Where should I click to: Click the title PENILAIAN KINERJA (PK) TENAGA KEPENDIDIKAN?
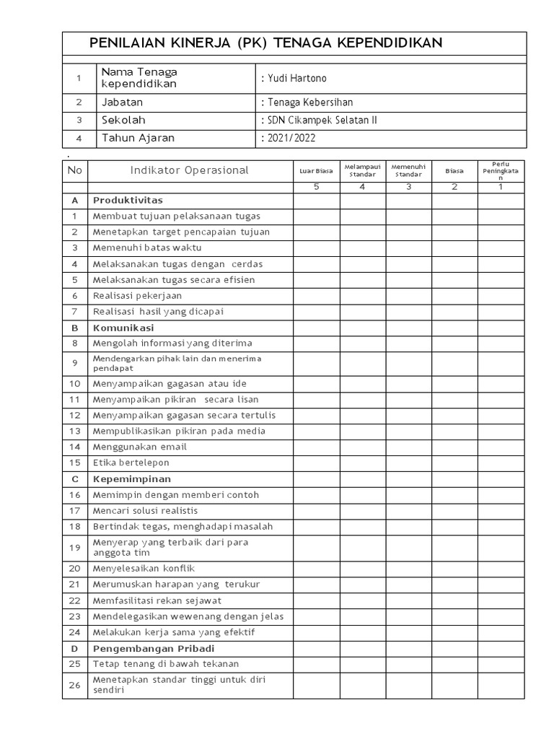[265, 43]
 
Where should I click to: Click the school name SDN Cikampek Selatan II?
[320, 121]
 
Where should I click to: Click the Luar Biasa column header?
[316, 171]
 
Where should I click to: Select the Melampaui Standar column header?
[362, 171]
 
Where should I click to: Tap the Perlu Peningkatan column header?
[501, 171]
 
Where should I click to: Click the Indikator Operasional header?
[190, 170]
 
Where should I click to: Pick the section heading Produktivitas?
[128, 200]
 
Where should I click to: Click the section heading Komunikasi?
[123, 328]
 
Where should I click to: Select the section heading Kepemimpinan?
[131, 479]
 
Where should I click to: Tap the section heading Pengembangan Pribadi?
[154, 648]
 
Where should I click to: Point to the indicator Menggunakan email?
[139, 447]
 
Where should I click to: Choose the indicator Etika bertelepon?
[131, 463]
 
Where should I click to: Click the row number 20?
[74, 568]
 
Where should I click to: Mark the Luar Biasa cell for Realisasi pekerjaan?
[316, 295]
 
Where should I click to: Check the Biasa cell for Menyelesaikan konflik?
[454, 568]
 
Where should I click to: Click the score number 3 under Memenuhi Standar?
[408, 187]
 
